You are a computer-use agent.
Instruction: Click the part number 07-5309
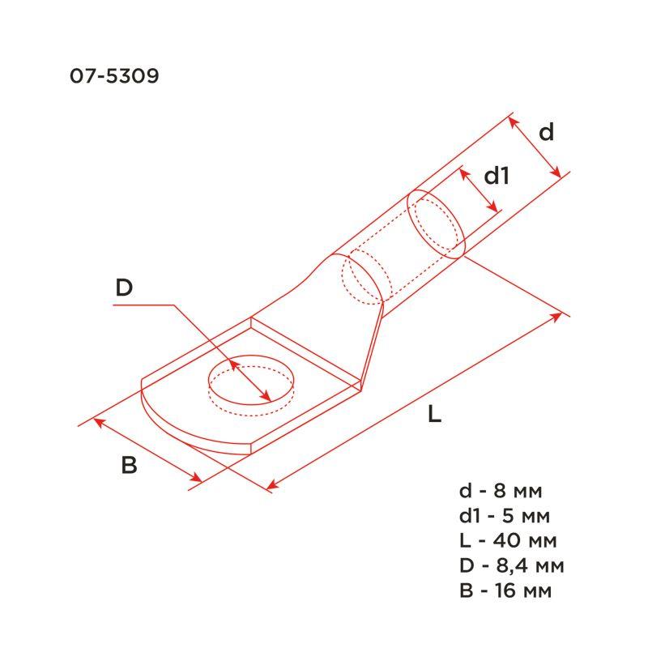[x=113, y=77]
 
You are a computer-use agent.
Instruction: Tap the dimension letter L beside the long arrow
[x=435, y=416]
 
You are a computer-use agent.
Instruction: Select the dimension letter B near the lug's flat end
[x=130, y=466]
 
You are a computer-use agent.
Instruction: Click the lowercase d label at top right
[x=547, y=132]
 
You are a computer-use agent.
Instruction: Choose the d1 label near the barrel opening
[x=496, y=175]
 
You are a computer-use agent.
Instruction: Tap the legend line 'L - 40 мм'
[x=506, y=540]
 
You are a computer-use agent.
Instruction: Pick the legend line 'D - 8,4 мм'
[x=510, y=565]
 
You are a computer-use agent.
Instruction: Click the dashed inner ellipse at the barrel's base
[x=362, y=279]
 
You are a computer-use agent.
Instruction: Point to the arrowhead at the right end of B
[x=198, y=480]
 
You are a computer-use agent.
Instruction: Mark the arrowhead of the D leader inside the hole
[x=266, y=397]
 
